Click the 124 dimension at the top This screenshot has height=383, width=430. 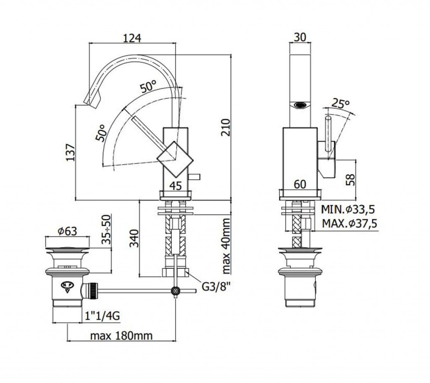(x=131, y=37)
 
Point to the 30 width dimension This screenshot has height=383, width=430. (x=299, y=37)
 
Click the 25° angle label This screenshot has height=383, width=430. (x=341, y=103)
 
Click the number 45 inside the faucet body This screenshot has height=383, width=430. (x=176, y=185)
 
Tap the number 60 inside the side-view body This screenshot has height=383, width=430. (x=300, y=184)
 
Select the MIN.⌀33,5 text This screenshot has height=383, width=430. (x=348, y=209)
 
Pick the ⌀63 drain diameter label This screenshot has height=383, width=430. (x=67, y=231)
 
